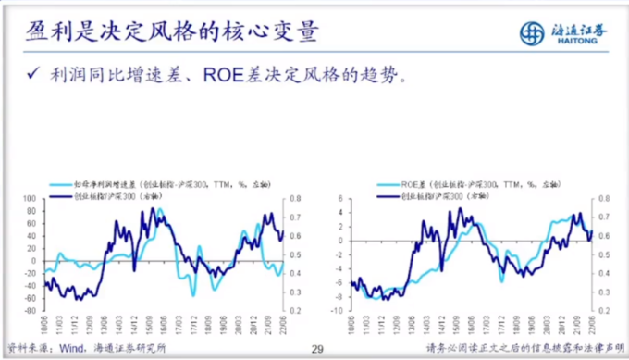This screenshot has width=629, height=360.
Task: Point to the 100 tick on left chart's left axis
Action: pyautogui.click(x=28, y=199)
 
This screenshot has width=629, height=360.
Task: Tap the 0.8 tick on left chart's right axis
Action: pyautogui.click(x=296, y=199)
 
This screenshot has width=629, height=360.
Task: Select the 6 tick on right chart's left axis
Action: pyautogui.click(x=340, y=199)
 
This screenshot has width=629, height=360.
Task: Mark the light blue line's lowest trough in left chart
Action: pyautogui.click(x=192, y=295)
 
